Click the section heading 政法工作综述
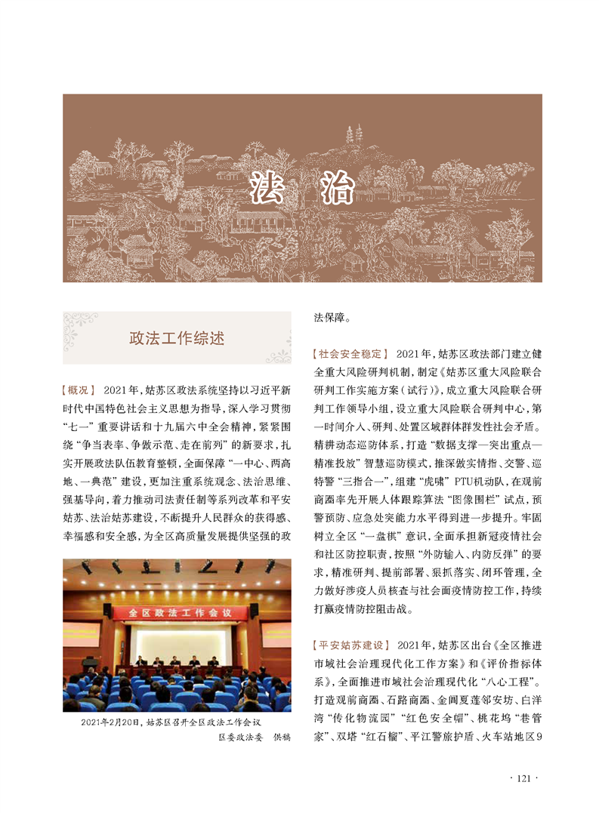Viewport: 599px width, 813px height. point(177,337)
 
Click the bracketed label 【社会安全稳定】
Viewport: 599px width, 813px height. point(350,353)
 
